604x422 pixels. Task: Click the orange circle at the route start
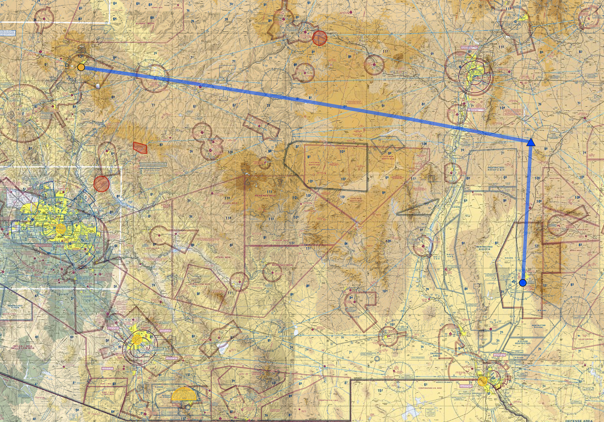point(81,67)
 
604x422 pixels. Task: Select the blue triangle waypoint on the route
point(531,142)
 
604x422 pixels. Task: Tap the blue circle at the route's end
point(523,283)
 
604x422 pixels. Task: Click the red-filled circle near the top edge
point(320,38)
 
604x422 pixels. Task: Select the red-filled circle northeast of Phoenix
point(102,184)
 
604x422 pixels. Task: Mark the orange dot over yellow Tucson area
point(137,340)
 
